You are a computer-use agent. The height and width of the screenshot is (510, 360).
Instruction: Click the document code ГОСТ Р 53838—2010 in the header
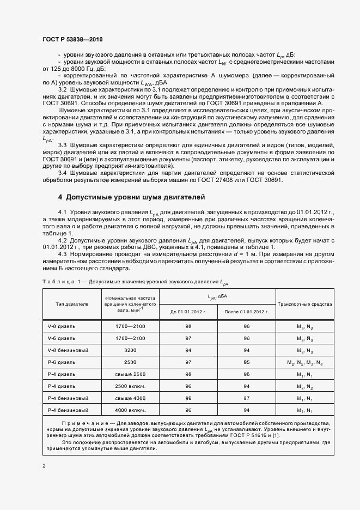[72, 40]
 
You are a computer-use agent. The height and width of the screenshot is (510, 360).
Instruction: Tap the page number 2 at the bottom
[44, 465]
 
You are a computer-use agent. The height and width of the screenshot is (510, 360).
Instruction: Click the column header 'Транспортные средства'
[305, 304]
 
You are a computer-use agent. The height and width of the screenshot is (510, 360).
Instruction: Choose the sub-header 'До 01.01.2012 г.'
[188, 312]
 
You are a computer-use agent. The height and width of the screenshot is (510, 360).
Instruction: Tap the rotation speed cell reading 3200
[130, 350]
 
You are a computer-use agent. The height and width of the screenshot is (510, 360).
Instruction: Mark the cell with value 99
[188, 397]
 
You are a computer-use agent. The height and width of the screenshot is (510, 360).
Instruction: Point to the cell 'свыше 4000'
[130, 397]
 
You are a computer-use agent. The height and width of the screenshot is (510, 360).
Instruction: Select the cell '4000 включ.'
[130, 409]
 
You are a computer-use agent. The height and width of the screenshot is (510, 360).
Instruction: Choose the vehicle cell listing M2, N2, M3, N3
[305, 362]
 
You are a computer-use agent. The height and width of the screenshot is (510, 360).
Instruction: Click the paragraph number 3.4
[62, 173]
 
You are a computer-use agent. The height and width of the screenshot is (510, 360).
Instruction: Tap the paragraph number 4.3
[62, 253]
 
